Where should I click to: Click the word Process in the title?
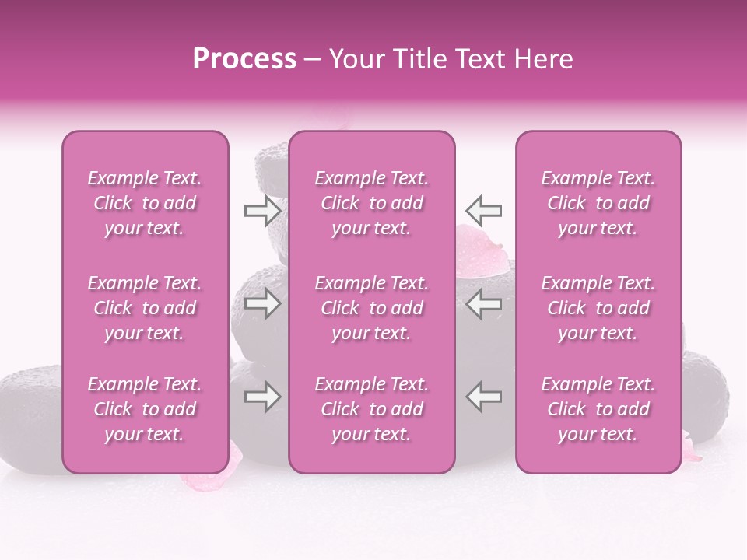pos(244,59)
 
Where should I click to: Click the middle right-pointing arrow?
pos(262,303)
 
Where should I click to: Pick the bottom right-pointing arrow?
pos(262,397)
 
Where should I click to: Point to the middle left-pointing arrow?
pos(483,303)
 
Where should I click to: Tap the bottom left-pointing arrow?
pos(483,397)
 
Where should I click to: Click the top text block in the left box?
pos(145,203)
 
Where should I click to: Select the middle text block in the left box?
pos(145,308)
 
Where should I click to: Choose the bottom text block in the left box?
pos(145,409)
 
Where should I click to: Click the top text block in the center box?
pos(372,203)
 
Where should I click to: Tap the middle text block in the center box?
pos(372,308)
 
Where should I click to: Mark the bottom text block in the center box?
pos(372,409)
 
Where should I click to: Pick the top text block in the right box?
pos(598,203)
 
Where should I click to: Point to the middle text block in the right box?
pos(598,308)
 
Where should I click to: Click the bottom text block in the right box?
pos(598,409)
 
